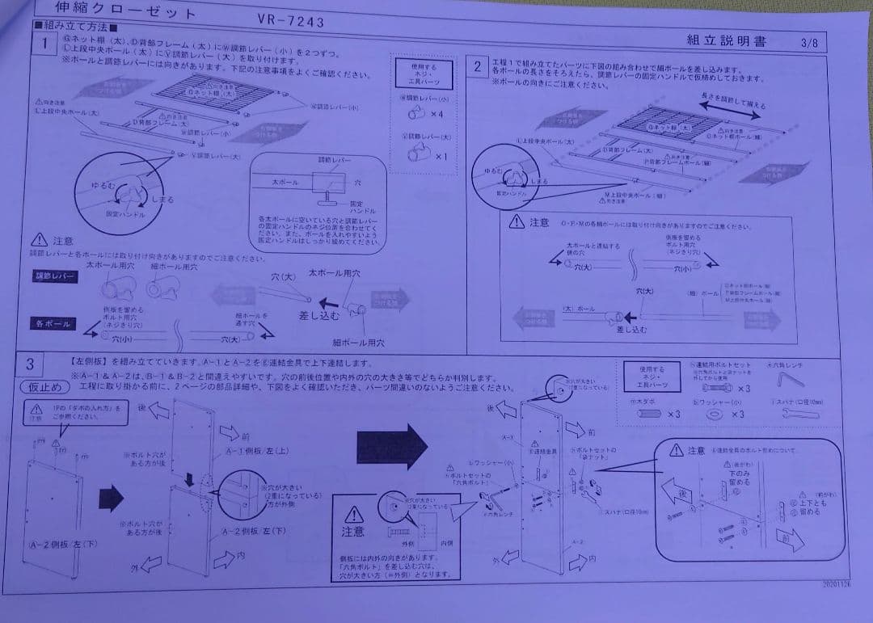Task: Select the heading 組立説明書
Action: [x=726, y=40]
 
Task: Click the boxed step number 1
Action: [x=46, y=44]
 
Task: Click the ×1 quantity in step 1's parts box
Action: [x=440, y=156]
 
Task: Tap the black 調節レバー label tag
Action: [x=55, y=276]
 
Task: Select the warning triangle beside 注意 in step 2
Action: [x=517, y=222]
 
